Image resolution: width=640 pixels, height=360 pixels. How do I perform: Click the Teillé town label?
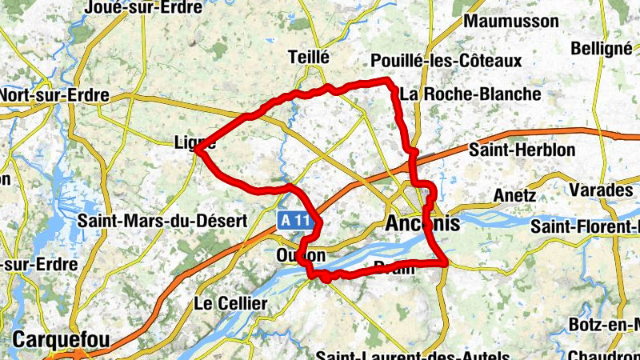308,57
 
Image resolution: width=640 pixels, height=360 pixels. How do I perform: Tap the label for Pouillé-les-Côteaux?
446,61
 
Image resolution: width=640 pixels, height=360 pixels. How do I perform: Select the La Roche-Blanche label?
470,94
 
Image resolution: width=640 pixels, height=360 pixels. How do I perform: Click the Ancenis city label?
422,224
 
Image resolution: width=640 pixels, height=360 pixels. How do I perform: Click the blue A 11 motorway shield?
294,218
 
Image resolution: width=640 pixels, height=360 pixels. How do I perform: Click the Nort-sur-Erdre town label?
54,95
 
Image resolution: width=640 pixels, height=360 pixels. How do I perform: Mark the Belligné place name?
602,48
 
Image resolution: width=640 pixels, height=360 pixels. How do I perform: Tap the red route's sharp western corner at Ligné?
196,149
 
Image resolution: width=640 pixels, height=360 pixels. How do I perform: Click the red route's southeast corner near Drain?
444,262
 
